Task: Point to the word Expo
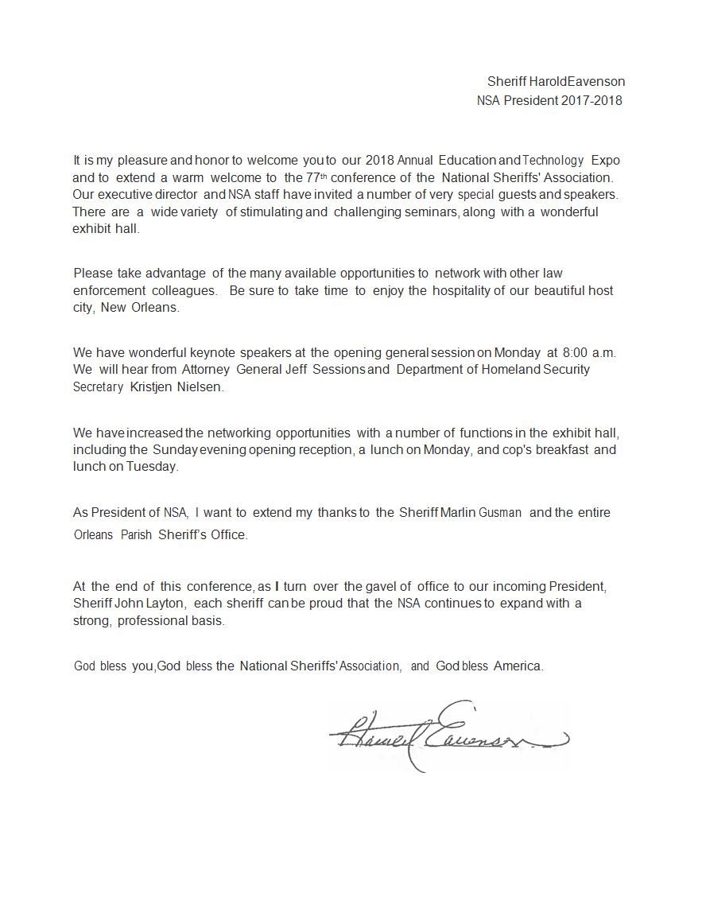[x=605, y=160]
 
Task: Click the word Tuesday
[x=153, y=466]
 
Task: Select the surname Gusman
[x=500, y=512]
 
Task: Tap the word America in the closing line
[x=518, y=666]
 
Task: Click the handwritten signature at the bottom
[x=445, y=738]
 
